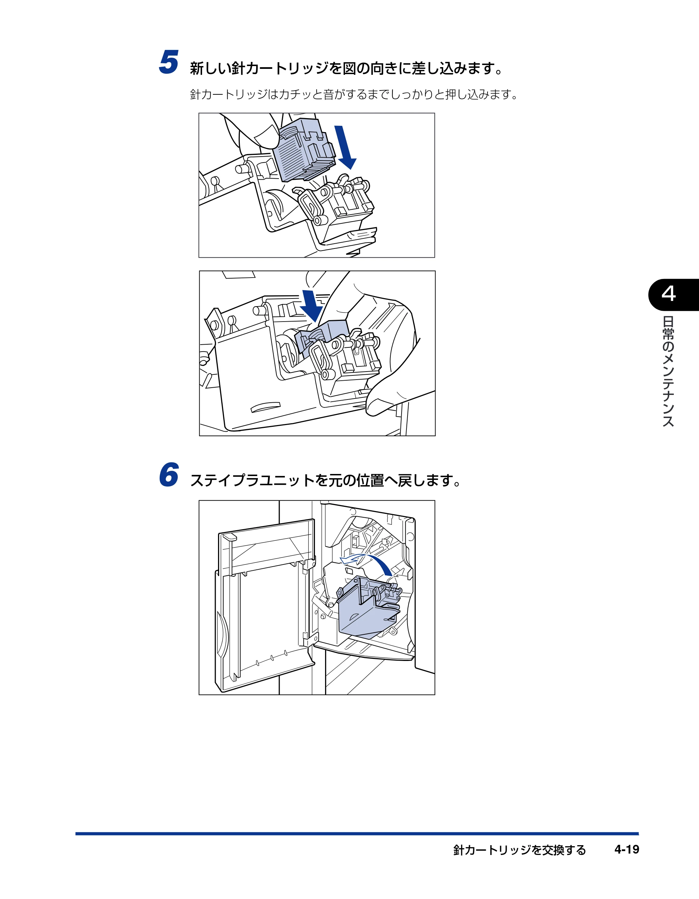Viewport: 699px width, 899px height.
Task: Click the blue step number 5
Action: point(169,62)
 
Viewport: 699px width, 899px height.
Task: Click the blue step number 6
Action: point(169,474)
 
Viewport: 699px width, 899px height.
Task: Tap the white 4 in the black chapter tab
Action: point(669,294)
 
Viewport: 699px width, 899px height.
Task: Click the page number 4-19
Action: point(627,849)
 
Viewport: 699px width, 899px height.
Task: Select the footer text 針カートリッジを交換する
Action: point(519,850)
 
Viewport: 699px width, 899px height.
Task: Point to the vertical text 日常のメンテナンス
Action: point(668,371)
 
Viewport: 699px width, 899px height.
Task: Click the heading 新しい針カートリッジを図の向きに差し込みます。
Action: point(347,68)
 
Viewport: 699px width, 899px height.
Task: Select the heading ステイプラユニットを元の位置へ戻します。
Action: point(326,480)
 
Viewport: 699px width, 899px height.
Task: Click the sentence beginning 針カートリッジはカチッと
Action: point(354,95)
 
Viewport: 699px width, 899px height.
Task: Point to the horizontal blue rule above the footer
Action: point(357,834)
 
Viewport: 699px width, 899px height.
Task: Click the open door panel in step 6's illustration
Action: point(266,605)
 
